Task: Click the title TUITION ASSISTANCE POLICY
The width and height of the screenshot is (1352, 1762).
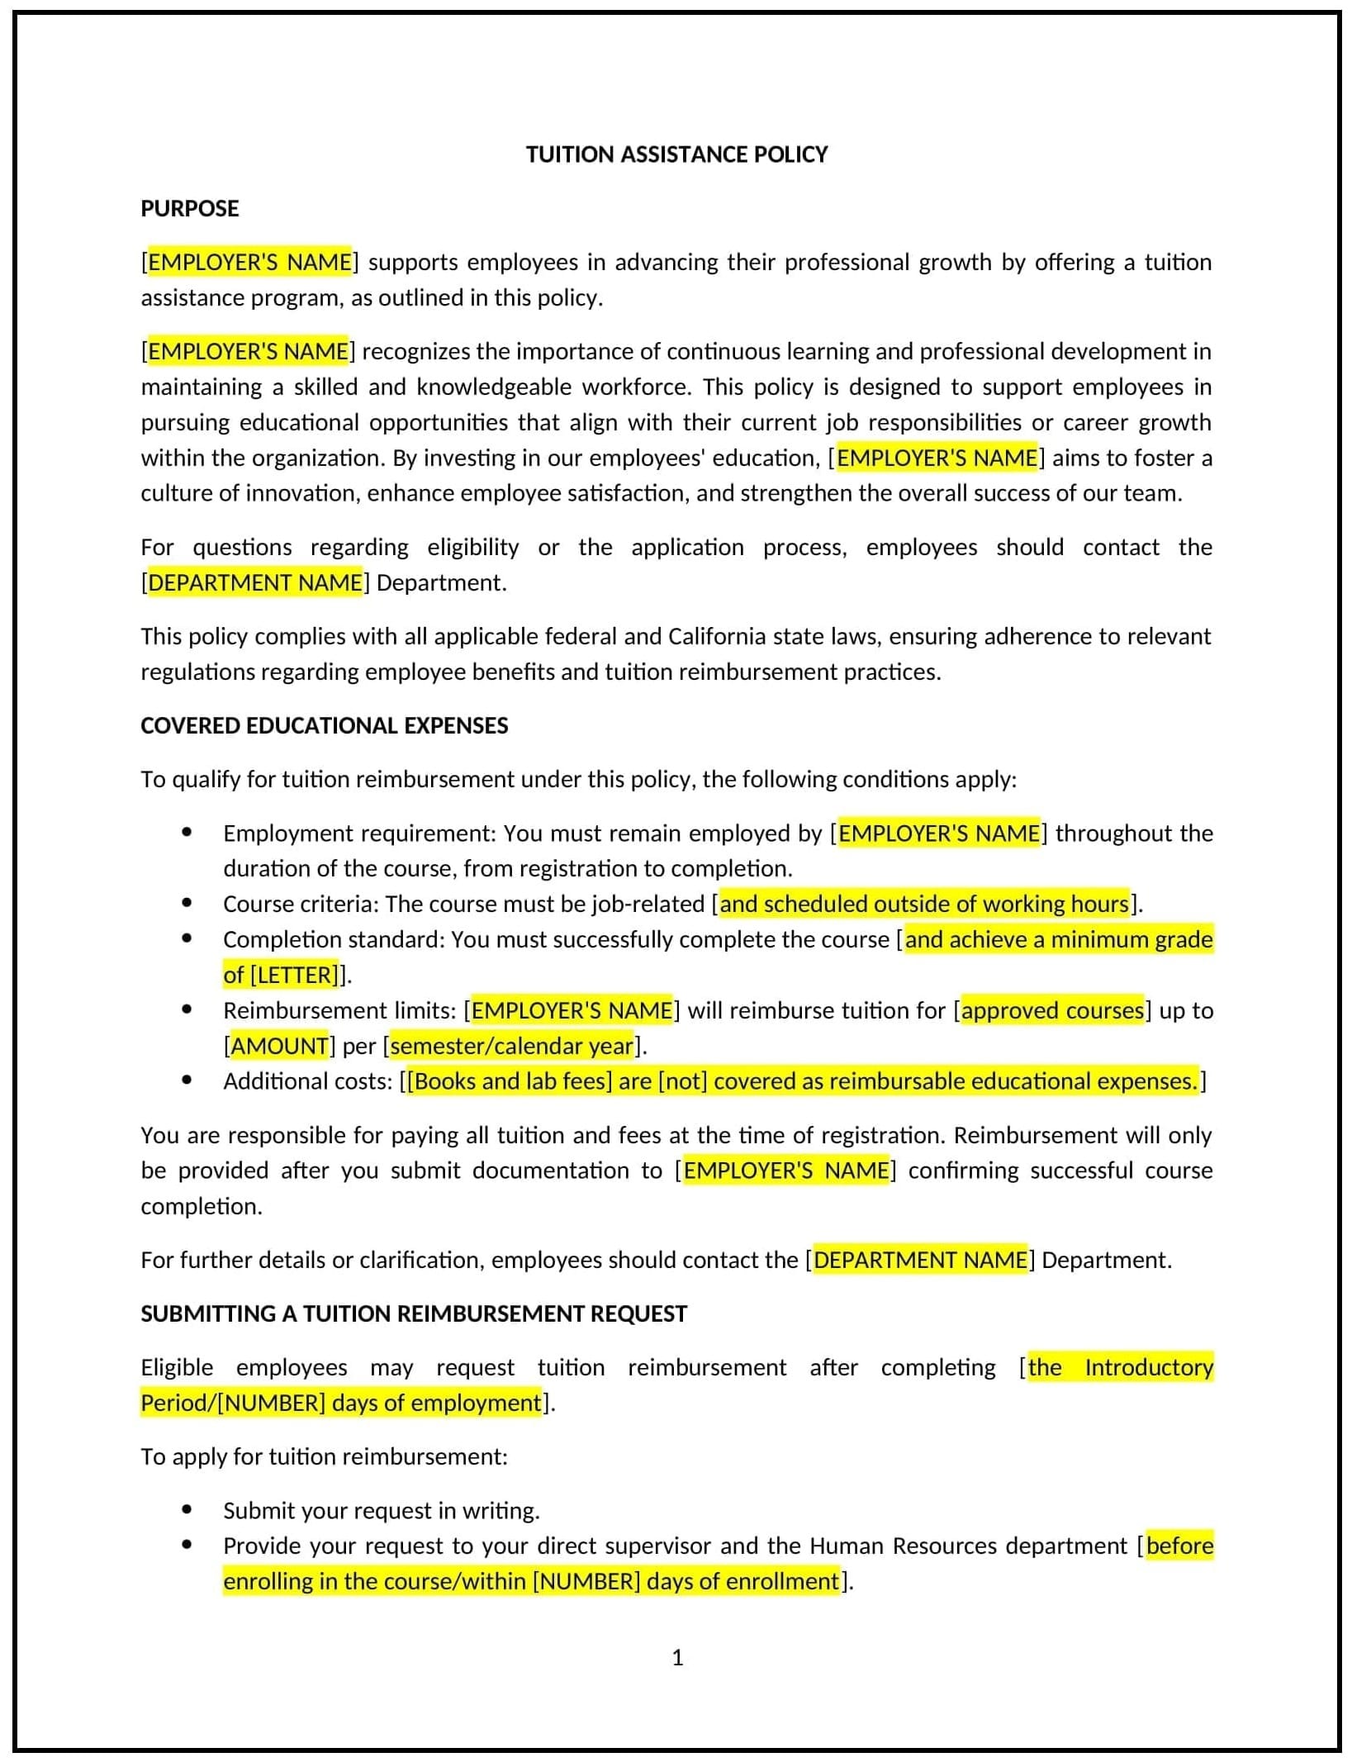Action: click(676, 154)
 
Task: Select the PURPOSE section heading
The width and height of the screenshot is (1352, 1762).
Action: click(189, 208)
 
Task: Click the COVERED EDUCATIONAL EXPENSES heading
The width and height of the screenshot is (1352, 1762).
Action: click(324, 725)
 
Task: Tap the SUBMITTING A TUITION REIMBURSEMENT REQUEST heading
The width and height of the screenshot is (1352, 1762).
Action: click(413, 1313)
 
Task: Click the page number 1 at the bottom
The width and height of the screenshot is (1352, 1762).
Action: click(677, 1657)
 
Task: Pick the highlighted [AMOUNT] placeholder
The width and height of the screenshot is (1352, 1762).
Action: click(279, 1046)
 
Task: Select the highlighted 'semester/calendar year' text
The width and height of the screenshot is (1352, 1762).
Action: click(511, 1046)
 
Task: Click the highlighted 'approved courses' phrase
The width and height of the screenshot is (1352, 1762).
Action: click(1052, 1010)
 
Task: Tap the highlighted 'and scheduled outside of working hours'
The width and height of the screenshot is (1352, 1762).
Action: click(923, 904)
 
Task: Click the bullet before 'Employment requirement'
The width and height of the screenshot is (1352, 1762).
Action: click(187, 833)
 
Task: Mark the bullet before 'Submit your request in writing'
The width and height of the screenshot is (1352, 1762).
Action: click(187, 1510)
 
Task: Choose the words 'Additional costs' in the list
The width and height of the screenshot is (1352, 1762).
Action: click(304, 1081)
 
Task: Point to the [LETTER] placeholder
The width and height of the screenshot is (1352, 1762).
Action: click(294, 975)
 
